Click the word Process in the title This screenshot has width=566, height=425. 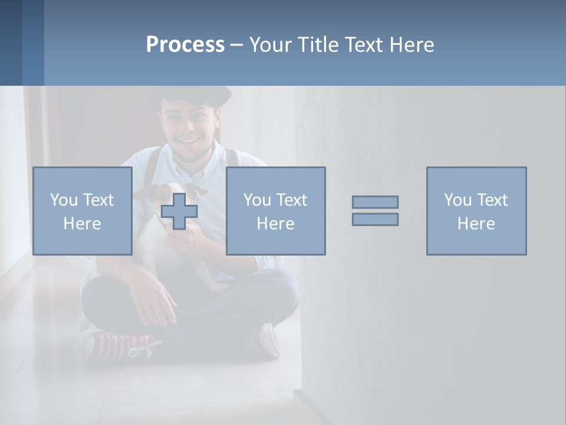coord(185,45)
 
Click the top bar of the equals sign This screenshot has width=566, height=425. coord(375,202)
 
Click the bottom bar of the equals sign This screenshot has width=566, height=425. coord(375,219)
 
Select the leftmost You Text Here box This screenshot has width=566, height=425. coord(83,211)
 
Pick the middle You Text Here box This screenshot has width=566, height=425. coord(275,211)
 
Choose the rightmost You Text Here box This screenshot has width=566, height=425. coord(476,211)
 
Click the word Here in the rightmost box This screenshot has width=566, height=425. coord(476,223)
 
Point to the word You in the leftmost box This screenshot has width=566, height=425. coord(62,200)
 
